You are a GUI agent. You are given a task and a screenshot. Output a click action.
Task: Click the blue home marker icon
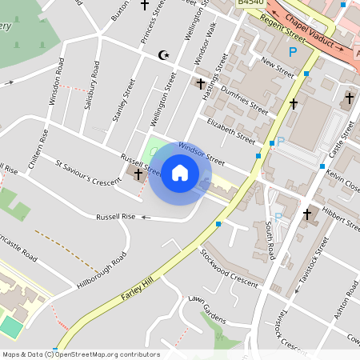tap(180, 173)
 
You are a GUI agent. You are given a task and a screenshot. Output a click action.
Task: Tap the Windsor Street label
tap(202, 153)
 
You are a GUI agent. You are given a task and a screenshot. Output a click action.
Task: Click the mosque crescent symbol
tap(166, 55)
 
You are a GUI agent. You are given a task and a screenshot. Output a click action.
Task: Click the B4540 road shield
tap(250, 4)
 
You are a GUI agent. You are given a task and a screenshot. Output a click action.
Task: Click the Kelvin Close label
tap(343, 182)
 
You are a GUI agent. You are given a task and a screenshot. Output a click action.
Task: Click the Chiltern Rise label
tap(38, 150)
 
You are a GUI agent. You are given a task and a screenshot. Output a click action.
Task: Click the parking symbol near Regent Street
tap(293, 51)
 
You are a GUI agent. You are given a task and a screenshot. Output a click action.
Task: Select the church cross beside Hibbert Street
tap(307, 214)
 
